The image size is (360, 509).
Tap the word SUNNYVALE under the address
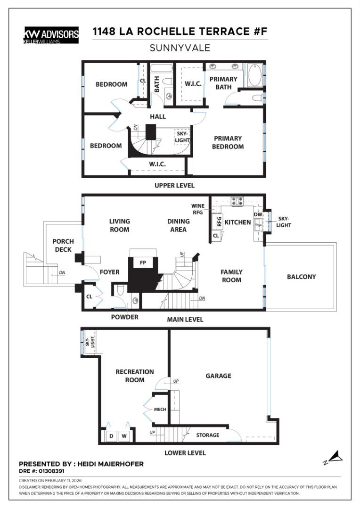tap(180, 48)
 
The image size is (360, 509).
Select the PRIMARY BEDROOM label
tap(228, 142)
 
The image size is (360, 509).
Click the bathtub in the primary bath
tap(254, 76)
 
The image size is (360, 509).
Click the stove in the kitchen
tap(237, 201)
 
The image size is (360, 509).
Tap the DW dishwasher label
tap(258, 214)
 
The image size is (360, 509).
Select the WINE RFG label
tap(198, 209)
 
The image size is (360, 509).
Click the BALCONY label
tap(301, 277)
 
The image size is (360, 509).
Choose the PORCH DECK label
tap(63, 245)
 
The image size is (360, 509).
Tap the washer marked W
tap(125, 436)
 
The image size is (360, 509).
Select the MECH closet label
tap(160, 409)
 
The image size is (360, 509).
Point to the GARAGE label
tap(218, 376)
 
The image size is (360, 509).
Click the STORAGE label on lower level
tap(208, 435)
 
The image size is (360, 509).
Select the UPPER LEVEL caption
tap(174, 185)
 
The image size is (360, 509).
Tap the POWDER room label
tap(125, 317)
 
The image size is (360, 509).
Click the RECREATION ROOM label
tap(135, 376)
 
